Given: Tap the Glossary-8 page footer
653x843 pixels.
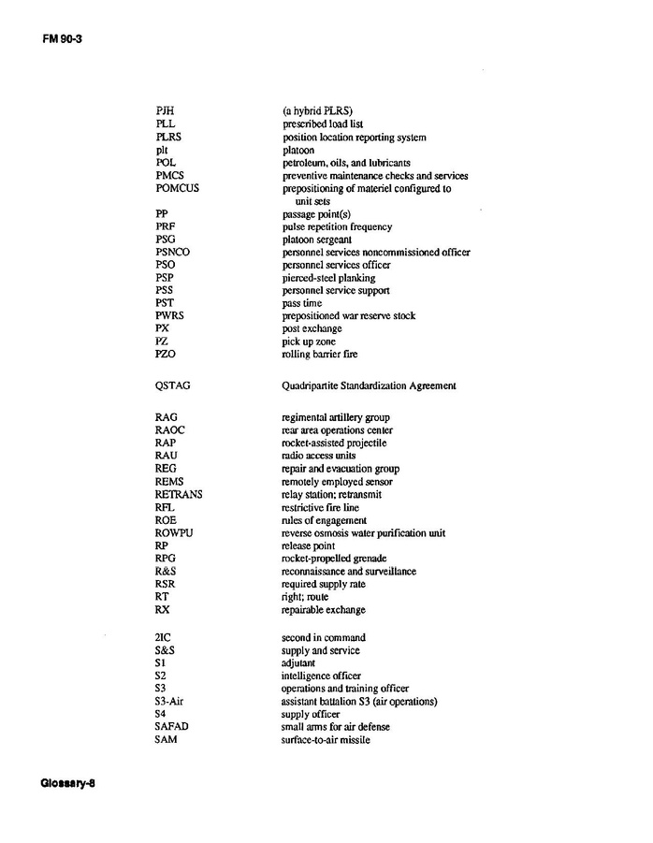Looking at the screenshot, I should coord(68,783).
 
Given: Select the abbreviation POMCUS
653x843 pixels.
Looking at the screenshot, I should coord(178,188).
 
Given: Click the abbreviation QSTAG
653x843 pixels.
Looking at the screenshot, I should coord(173,385).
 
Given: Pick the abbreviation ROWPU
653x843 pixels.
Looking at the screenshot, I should coord(175,533).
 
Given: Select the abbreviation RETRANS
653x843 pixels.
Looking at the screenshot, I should coord(179,495).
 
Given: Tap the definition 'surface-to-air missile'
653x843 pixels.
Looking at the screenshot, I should coord(326,740).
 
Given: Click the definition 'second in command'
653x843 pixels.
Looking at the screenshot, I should coord(324,638).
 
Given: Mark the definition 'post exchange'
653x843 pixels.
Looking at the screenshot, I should coord(312,329).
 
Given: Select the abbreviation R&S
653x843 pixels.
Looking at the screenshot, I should coord(167,572).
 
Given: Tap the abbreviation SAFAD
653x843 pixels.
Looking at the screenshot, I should coord(173,727).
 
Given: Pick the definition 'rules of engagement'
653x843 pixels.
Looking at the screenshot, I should coord(324,520).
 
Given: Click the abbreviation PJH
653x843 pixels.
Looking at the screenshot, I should coord(166,111).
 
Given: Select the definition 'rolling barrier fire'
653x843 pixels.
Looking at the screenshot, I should coord(319,355).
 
